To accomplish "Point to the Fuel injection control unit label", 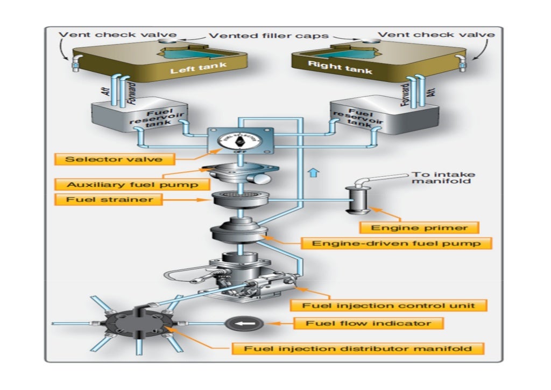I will (388, 305).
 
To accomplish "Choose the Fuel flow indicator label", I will (369, 323).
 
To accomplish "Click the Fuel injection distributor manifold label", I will (358, 349).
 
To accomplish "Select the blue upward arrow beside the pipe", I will (314, 173).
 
